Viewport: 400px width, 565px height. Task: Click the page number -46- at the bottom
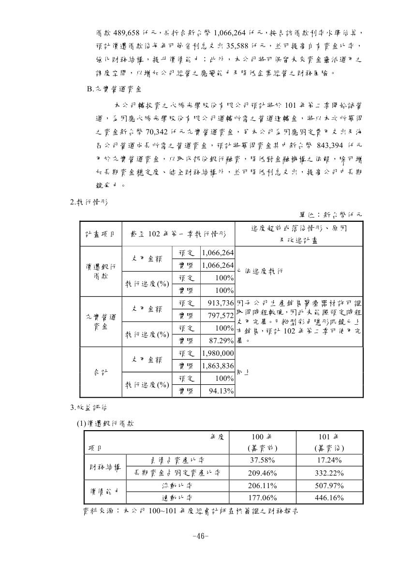pos(200,536)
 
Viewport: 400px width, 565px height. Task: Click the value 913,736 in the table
pos(218,303)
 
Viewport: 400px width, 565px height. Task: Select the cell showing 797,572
pos(218,316)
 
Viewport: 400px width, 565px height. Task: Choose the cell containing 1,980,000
pos(218,353)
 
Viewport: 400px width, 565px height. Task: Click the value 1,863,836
pos(218,366)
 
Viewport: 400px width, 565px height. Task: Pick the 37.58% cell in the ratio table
pos(262,460)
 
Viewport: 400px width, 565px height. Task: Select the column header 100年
pos(262,437)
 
